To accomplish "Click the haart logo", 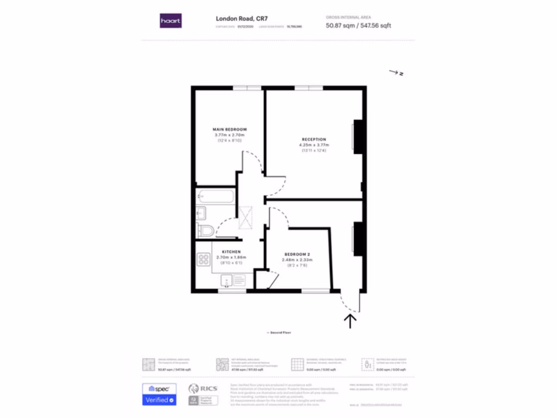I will tap(171, 21).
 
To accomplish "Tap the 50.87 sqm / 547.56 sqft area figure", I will tap(358, 26).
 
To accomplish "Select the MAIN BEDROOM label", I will tap(230, 129).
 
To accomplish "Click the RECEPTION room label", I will tap(314, 139).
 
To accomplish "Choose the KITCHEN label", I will tap(231, 251).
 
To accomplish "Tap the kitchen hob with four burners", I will tap(204, 260).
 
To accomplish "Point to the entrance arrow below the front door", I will tap(350, 319).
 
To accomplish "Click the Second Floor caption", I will tap(278, 332).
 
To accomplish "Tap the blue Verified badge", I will tap(158, 400).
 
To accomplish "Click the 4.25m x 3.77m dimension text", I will tap(314, 145).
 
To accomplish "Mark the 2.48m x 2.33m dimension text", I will tap(297, 260).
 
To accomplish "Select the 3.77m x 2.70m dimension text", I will tap(230, 134).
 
